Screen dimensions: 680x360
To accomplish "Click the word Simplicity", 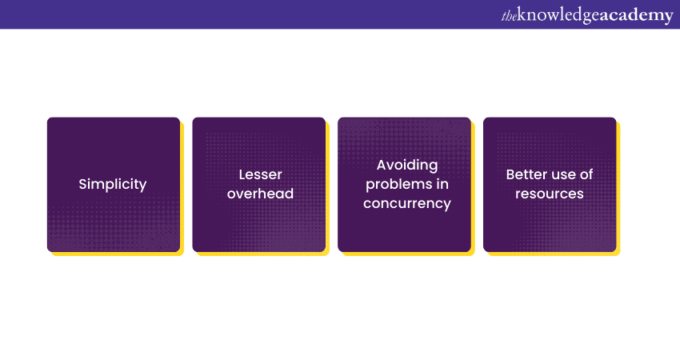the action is pyautogui.click(x=113, y=184).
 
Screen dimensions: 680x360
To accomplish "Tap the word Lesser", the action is pyautogui.click(x=260, y=174).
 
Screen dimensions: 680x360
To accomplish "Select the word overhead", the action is pyautogui.click(x=260, y=194).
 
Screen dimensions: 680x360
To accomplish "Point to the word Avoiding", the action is pyautogui.click(x=407, y=166).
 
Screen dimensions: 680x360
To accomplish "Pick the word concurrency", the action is pyautogui.click(x=407, y=203).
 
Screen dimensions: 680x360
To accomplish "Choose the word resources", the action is pyautogui.click(x=550, y=194).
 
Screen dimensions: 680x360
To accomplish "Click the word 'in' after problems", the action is pyautogui.click(x=442, y=184).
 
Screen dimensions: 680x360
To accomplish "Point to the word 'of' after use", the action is pyautogui.click(x=586, y=174).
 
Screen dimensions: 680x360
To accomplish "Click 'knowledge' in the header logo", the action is pyautogui.click(x=558, y=16).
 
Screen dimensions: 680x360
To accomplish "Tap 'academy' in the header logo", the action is pyautogui.click(x=637, y=16).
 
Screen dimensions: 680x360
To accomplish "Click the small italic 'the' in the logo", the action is pyautogui.click(x=509, y=17).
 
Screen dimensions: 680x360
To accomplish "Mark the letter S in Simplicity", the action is pyautogui.click(x=82, y=184).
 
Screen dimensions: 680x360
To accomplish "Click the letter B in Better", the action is pyautogui.click(x=510, y=174).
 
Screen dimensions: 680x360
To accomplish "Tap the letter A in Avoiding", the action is pyautogui.click(x=382, y=165).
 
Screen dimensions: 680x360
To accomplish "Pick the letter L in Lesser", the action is pyautogui.click(x=242, y=174).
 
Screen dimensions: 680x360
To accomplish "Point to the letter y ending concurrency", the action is pyautogui.click(x=447, y=205).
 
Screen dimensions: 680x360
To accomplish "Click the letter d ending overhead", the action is pyautogui.click(x=290, y=194).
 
